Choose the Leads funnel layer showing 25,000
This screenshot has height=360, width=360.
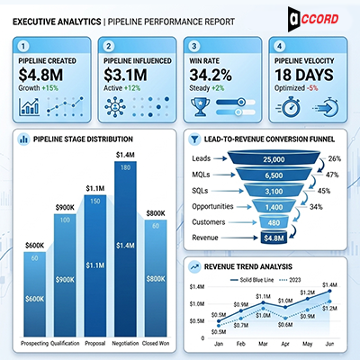click(x=274, y=159)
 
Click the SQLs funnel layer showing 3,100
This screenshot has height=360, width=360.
click(x=274, y=192)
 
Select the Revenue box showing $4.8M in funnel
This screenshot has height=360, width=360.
click(x=274, y=238)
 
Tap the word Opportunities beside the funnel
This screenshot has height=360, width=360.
click(x=215, y=207)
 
